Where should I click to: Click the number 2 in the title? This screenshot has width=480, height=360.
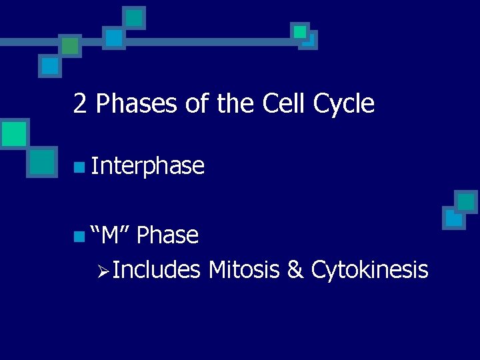(80, 104)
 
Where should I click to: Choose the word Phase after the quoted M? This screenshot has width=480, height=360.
(171, 235)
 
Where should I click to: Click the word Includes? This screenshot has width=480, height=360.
(157, 270)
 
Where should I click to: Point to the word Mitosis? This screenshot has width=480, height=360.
(245, 270)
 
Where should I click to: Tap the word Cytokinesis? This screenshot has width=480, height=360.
(369, 270)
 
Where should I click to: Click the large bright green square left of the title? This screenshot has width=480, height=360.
(14, 133)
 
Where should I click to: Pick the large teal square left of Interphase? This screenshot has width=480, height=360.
(42, 161)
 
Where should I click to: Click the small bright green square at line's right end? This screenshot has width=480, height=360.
(300, 31)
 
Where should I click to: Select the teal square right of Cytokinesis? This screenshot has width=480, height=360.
(466, 201)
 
